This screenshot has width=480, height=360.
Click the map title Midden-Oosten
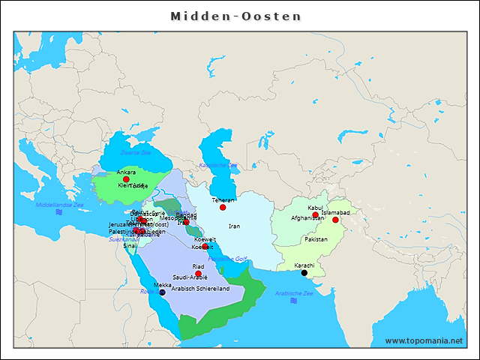coord(235,16)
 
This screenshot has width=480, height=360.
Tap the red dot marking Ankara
coord(126,179)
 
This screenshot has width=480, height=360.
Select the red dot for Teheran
coord(223,207)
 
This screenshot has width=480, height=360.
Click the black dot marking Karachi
coord(304,273)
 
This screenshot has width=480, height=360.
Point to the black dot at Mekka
coord(162,292)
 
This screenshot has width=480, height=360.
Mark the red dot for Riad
coord(198,274)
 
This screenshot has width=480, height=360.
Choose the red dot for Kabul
coord(315,215)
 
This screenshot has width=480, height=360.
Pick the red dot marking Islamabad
coord(335,220)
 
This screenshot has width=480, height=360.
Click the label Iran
coord(234,226)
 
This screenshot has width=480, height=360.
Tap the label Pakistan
coord(316,239)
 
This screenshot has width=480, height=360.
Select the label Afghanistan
coord(307,218)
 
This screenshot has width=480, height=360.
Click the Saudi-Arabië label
coord(190,277)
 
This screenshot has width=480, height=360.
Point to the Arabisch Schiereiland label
coord(200,288)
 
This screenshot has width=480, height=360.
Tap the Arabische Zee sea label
coord(295,293)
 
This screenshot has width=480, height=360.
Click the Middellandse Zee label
coord(59,204)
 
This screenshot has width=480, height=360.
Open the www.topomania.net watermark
coord(424,340)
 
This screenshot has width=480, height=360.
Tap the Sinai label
coord(130,245)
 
